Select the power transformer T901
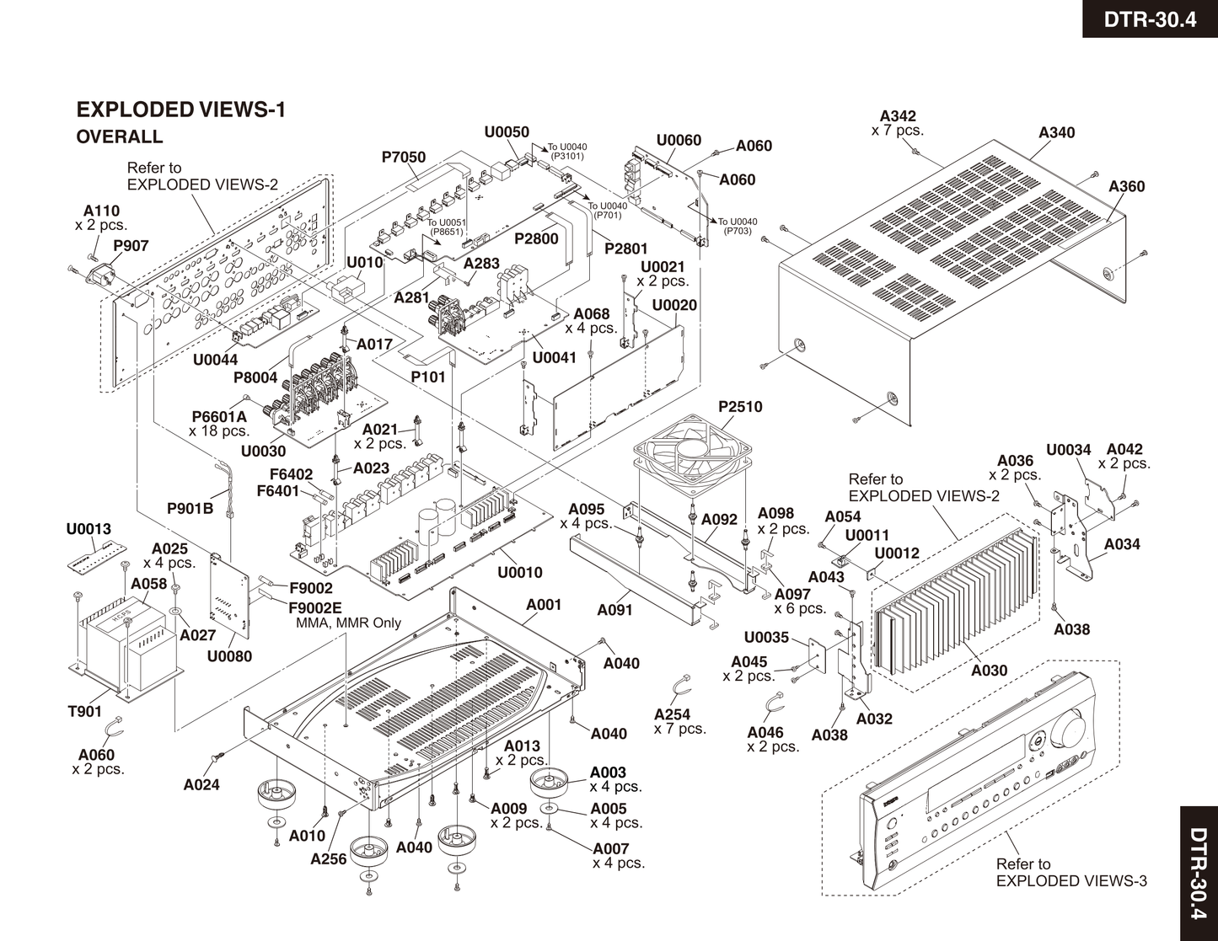(126, 637)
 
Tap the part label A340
(1056, 132)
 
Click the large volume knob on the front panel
(1069, 729)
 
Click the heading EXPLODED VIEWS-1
(181, 110)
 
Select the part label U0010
(520, 573)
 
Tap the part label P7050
(404, 158)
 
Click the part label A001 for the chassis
(544, 605)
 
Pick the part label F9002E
(315, 607)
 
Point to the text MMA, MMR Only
(348, 623)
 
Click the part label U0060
(679, 140)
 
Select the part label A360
(1127, 186)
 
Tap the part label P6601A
(219, 416)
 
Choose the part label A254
(672, 714)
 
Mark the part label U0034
(1069, 450)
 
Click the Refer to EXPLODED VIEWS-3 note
(1070, 873)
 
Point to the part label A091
(614, 610)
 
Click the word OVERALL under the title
(119, 136)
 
